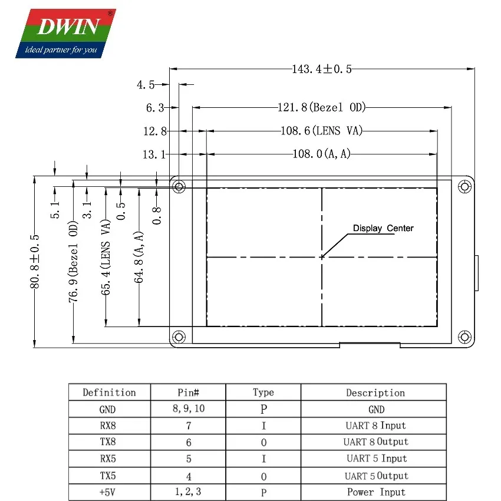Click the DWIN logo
coord(66,34)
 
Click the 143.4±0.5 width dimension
coord(321,69)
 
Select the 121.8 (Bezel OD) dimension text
coord(321,107)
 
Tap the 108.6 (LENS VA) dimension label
coord(321,131)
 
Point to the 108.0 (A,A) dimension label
coord(321,154)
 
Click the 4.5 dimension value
coord(146,85)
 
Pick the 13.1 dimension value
coord(154,154)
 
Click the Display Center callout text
coord(383,228)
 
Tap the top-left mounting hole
coord(179,187)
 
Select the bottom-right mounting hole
coord(464,337)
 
